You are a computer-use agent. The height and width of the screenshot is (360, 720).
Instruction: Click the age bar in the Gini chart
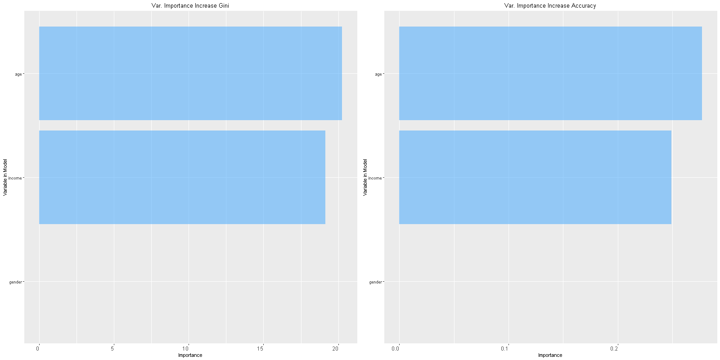point(190,73)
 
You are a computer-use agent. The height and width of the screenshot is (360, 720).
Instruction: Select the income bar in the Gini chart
point(182,177)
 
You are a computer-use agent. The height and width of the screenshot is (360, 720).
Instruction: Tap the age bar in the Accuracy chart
point(550,73)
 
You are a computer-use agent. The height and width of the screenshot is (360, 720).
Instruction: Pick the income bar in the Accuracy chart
point(535,177)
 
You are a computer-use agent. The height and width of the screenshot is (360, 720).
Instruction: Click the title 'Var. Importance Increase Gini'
point(190,6)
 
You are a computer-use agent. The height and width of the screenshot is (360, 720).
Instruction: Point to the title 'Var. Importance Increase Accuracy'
point(550,6)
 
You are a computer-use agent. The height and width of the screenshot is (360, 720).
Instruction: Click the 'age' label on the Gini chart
point(18,74)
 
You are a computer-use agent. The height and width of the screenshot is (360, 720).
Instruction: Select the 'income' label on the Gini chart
point(15,178)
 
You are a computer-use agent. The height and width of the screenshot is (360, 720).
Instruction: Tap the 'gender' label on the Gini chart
point(15,282)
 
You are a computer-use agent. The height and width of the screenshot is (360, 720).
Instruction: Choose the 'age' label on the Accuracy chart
point(378,74)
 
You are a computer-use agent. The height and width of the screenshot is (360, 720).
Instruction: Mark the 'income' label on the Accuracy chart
point(375,178)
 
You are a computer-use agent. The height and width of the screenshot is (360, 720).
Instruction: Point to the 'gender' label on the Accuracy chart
point(375,282)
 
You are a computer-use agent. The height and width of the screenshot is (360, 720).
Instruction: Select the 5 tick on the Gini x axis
point(113,349)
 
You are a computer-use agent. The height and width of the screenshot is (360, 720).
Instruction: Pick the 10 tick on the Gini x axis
point(186,349)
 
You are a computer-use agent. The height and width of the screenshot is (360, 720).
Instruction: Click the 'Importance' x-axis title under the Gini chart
point(190,355)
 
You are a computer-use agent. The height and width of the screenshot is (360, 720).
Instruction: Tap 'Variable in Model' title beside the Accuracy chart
point(365,177)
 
